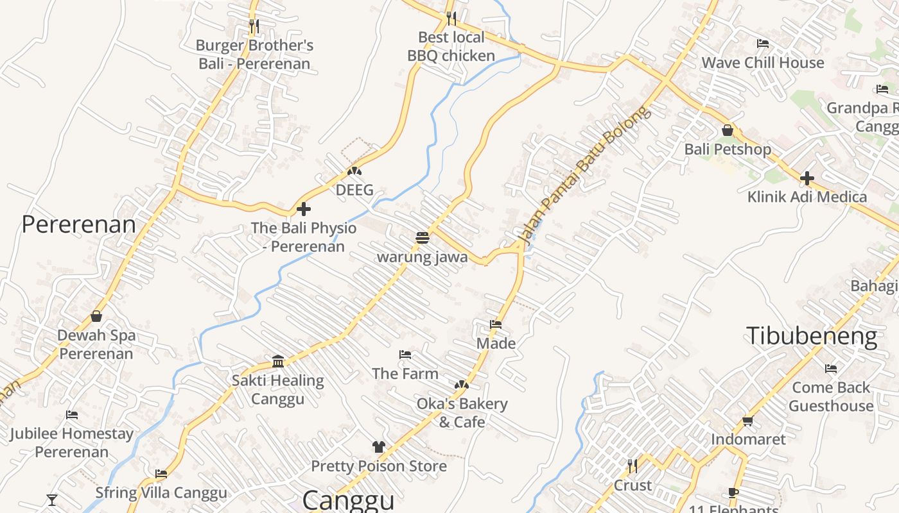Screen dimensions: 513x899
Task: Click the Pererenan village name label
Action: [78, 224]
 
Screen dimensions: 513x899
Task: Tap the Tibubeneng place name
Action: [811, 336]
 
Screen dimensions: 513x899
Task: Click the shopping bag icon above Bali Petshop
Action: [728, 130]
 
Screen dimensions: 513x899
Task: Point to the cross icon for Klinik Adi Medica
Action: [807, 178]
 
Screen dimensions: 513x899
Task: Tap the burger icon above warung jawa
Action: [422, 238]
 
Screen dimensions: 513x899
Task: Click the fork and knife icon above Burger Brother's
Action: [254, 26]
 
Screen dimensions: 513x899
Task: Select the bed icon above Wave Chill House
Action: [763, 44]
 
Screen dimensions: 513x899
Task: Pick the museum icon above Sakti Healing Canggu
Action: [278, 361]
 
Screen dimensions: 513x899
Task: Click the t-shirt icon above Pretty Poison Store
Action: [378, 446]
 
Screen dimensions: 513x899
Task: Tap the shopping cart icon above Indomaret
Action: [747, 421]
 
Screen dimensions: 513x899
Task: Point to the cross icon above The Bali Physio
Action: [303, 208]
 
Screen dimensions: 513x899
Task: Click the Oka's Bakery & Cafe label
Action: [462, 413]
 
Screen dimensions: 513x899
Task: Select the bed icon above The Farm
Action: [405, 354]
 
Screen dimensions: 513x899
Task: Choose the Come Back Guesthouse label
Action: [831, 396]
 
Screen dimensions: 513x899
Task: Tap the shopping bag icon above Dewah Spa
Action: [96, 316]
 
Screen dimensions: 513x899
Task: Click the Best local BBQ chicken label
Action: [451, 46]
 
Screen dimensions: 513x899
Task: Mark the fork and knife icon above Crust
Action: [633, 465]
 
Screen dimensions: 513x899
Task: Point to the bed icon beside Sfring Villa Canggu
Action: [161, 474]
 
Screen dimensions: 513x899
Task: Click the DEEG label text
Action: [354, 190]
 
